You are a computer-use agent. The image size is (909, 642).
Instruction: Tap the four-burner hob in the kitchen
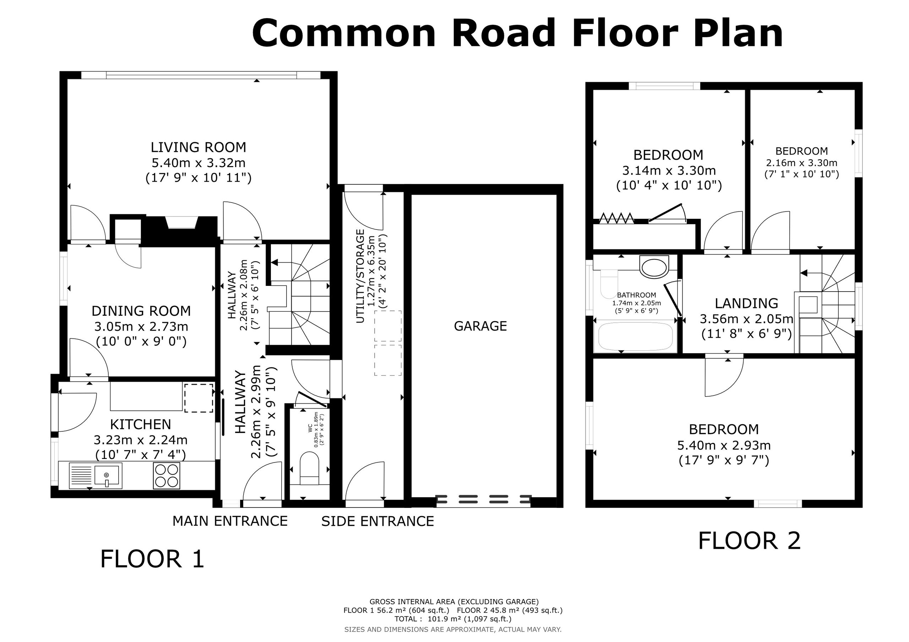(166, 475)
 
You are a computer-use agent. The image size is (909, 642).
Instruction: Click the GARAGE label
(480, 326)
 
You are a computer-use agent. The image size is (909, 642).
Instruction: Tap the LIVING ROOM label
(198, 147)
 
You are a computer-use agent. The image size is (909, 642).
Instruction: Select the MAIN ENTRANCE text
(230, 521)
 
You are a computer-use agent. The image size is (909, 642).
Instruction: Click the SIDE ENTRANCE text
(378, 521)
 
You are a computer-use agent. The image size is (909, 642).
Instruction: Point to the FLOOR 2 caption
(750, 541)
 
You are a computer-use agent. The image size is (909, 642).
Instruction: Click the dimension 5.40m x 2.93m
(724, 445)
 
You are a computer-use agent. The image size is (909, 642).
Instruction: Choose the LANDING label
(746, 303)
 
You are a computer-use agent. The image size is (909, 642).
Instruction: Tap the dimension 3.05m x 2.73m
(141, 327)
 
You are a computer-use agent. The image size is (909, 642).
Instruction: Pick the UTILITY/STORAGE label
(360, 276)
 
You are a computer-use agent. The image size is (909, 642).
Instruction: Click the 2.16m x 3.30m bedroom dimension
(802, 163)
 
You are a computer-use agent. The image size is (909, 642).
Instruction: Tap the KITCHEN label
(141, 425)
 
